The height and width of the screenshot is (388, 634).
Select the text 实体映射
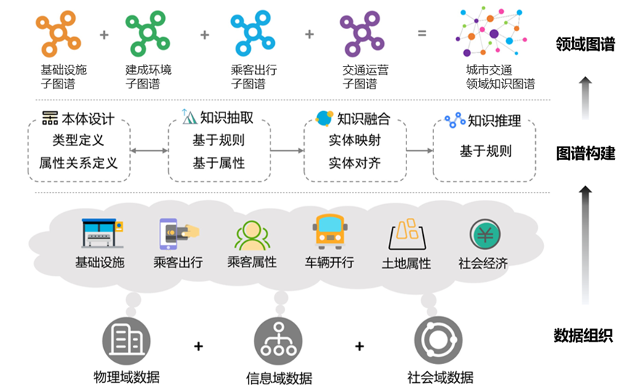pos(354,140)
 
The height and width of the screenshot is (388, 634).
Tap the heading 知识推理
pos(494,121)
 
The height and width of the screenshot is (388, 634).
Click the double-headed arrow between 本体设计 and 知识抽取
pos(149,151)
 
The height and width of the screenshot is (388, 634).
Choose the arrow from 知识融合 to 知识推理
pos(420,151)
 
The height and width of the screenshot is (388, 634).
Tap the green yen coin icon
pos(484,234)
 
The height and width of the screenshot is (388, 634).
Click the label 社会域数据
pos(440,377)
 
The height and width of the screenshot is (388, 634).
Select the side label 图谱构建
pos(585,153)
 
